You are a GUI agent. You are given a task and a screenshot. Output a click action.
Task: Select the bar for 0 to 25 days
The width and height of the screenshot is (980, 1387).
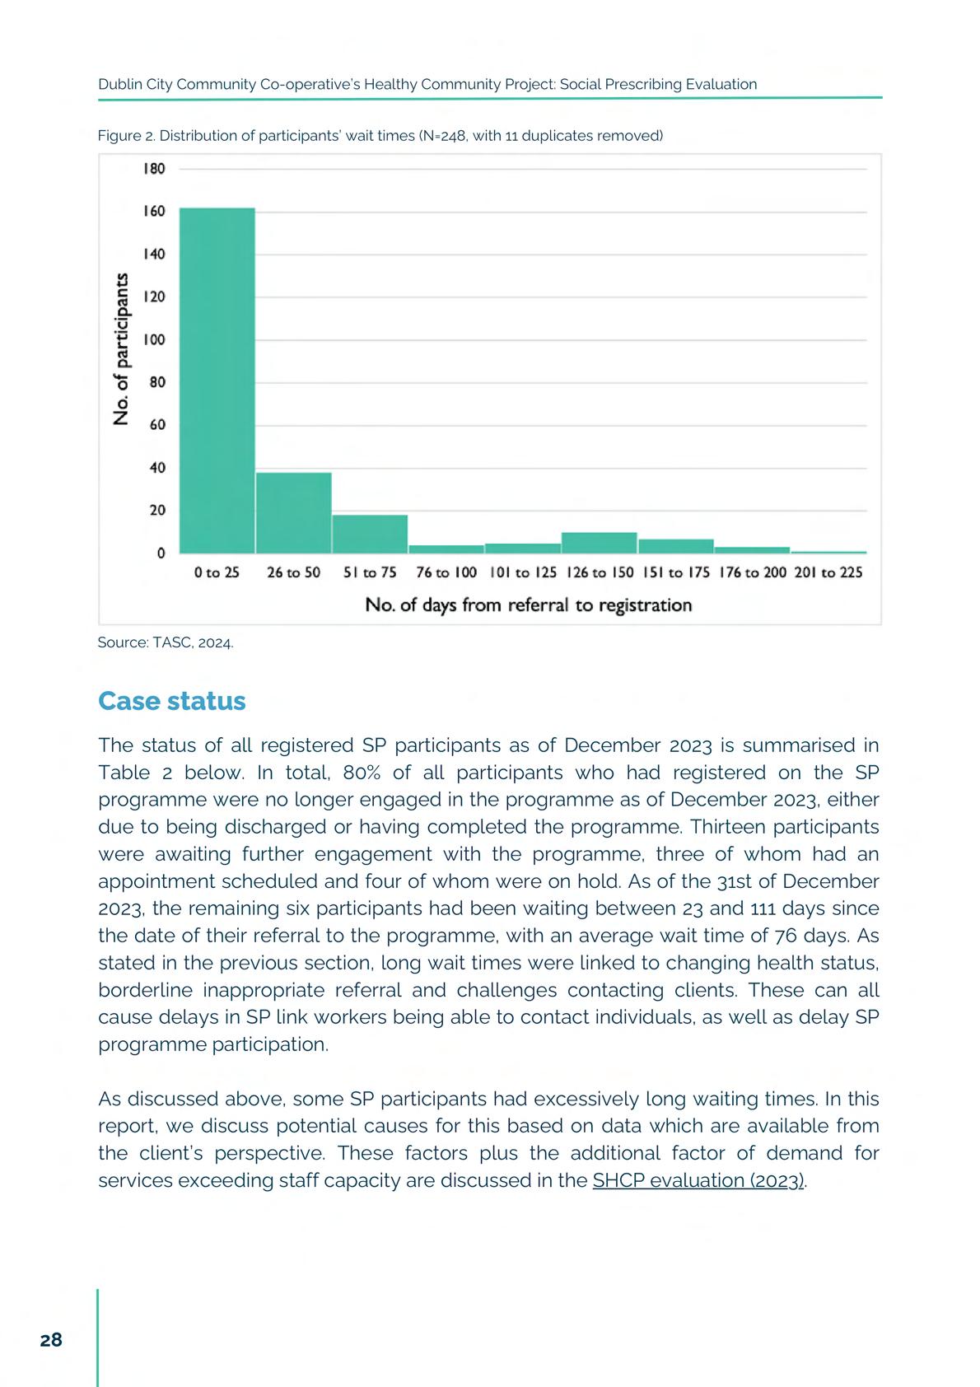point(217,380)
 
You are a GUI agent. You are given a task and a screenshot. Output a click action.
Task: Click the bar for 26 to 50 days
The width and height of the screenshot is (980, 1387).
point(293,512)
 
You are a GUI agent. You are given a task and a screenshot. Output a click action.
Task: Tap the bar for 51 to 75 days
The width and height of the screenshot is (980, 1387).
point(370,534)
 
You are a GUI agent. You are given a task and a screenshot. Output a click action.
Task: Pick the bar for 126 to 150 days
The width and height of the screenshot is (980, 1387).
point(599,543)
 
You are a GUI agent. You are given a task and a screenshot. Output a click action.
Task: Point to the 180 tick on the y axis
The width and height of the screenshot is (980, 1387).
point(154,169)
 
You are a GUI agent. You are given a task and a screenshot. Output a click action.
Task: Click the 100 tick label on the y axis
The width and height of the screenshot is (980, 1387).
point(154,340)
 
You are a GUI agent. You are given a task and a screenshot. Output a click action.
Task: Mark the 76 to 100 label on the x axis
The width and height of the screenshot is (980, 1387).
point(446,572)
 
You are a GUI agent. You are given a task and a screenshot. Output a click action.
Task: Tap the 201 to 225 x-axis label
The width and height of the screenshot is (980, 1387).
point(828,572)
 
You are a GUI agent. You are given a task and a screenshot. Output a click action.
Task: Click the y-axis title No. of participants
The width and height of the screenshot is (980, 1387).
point(122,348)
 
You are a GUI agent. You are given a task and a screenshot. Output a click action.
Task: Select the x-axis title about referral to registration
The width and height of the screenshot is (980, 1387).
point(528,605)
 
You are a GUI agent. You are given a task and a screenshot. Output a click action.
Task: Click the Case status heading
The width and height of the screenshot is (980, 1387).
point(171,701)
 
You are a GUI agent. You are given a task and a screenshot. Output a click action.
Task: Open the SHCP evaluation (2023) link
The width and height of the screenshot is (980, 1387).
point(698,1180)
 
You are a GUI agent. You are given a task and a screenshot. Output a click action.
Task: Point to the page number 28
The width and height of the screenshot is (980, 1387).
point(51,1340)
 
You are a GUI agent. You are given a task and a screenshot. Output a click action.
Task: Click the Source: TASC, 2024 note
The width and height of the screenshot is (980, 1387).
point(166,642)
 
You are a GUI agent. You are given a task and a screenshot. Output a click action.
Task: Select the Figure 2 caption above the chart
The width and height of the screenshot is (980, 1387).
point(380,136)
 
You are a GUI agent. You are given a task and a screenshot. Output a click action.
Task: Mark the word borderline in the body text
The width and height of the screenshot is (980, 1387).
point(145,990)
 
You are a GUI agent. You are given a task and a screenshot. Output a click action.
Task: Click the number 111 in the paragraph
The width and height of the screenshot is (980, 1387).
point(768,908)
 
